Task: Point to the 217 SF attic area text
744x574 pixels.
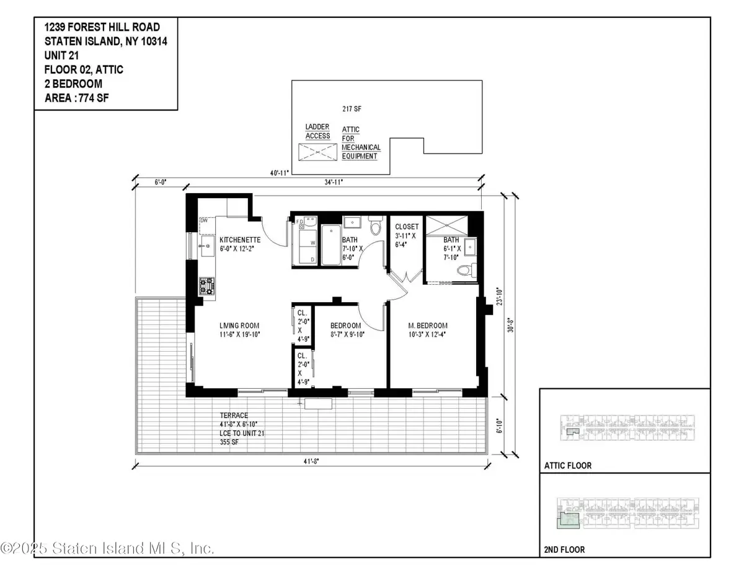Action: pyautogui.click(x=352, y=108)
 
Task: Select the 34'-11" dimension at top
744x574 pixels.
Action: pyautogui.click(x=334, y=182)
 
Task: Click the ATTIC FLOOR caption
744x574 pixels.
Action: pyautogui.click(x=568, y=466)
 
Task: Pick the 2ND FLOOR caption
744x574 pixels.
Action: pyautogui.click(x=564, y=549)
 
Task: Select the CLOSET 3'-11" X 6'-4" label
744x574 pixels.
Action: pyautogui.click(x=407, y=236)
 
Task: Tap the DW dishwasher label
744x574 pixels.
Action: pyautogui.click(x=204, y=220)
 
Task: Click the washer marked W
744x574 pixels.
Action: pyautogui.click(x=312, y=242)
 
